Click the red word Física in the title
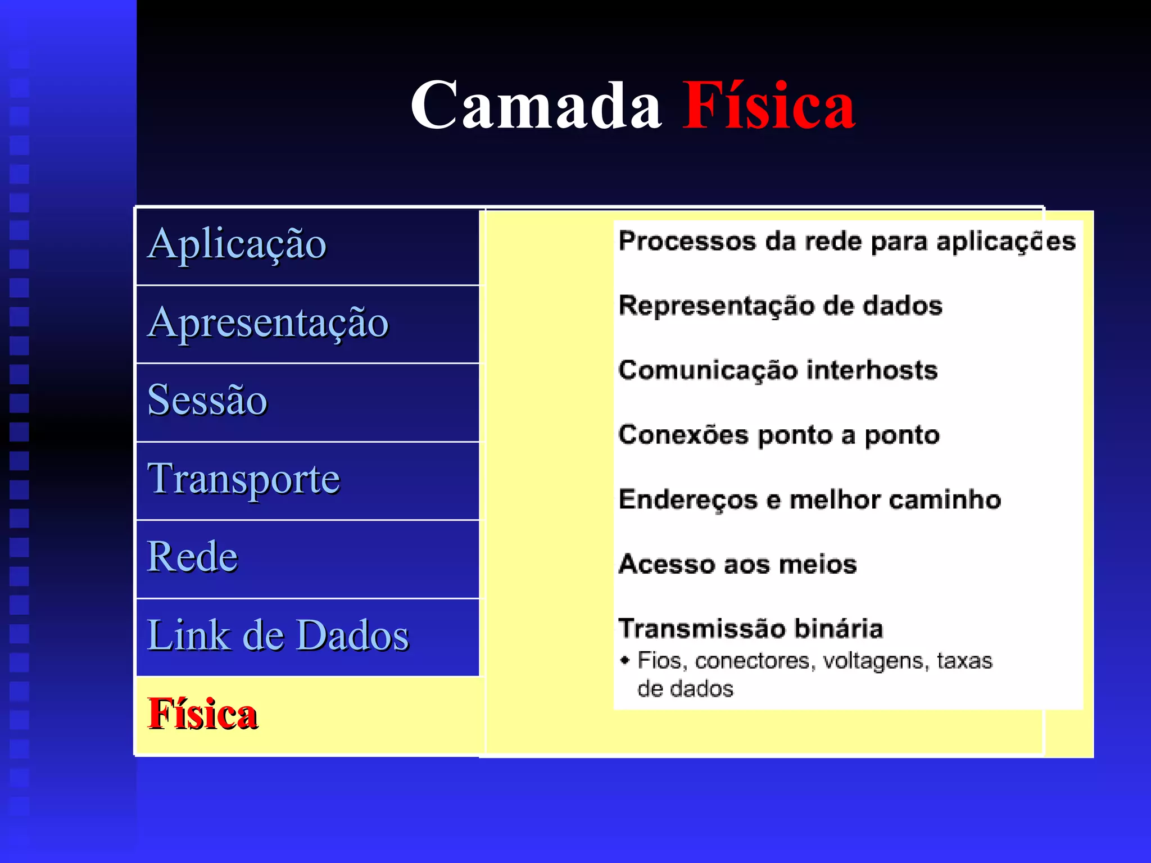click(x=768, y=106)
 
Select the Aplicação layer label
click(x=237, y=244)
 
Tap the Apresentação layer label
click(x=268, y=323)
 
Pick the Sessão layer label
click(x=207, y=400)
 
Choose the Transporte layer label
click(x=243, y=479)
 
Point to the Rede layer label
click(x=192, y=557)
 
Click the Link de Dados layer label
click(x=278, y=635)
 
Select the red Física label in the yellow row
click(x=202, y=714)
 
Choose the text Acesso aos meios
click(x=737, y=564)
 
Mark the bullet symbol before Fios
click(x=624, y=660)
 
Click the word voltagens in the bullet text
click(x=873, y=661)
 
